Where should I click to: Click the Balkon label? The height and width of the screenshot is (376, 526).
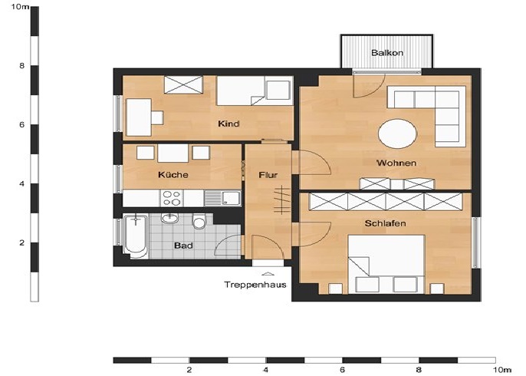[x=387, y=53]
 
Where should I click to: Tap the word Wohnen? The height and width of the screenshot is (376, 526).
[x=396, y=163]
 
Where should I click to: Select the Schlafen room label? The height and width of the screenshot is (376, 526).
[x=385, y=223]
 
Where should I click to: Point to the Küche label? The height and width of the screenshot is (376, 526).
[x=173, y=175]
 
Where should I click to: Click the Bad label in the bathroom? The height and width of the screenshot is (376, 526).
[x=183, y=246]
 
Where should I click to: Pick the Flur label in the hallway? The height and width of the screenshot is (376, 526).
[x=268, y=175]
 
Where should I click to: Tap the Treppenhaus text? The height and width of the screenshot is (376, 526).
[x=255, y=285]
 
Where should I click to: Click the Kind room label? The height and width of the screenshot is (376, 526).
[x=228, y=124]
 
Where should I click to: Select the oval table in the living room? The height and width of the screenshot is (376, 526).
[x=397, y=134]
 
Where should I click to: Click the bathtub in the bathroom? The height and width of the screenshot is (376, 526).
[x=136, y=236]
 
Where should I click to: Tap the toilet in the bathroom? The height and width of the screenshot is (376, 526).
[x=199, y=222]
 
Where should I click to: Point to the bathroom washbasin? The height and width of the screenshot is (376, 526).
[x=169, y=219]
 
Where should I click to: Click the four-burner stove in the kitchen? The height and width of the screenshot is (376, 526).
[x=172, y=198]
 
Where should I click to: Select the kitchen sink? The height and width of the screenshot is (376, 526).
[x=222, y=198]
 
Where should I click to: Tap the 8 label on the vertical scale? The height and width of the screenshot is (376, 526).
[x=21, y=66]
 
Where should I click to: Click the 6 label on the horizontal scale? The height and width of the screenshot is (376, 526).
[x=343, y=370]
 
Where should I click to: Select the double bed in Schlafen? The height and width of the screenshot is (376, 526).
[x=386, y=264]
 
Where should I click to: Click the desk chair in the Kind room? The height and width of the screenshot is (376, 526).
[x=157, y=118]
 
